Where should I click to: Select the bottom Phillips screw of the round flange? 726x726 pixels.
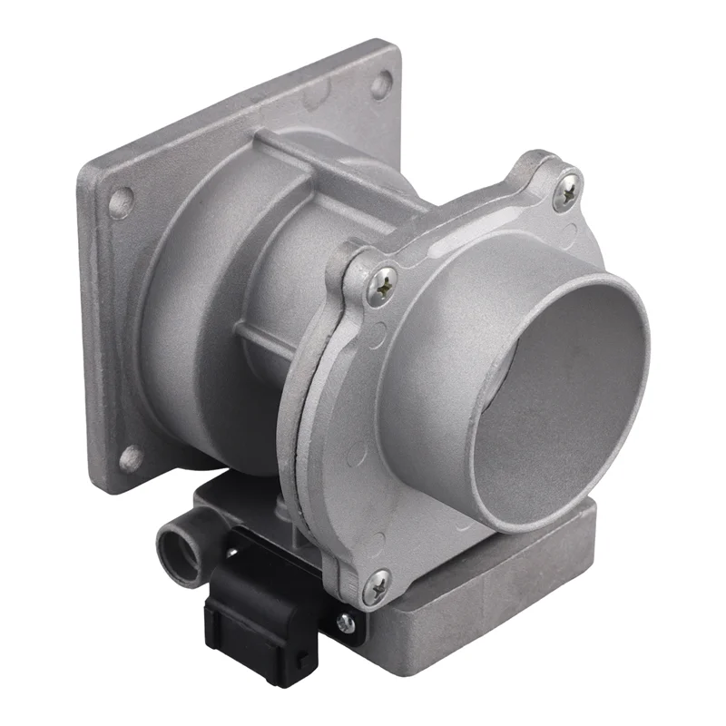tap(376, 586)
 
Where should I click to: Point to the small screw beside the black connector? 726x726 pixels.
tap(344, 623)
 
